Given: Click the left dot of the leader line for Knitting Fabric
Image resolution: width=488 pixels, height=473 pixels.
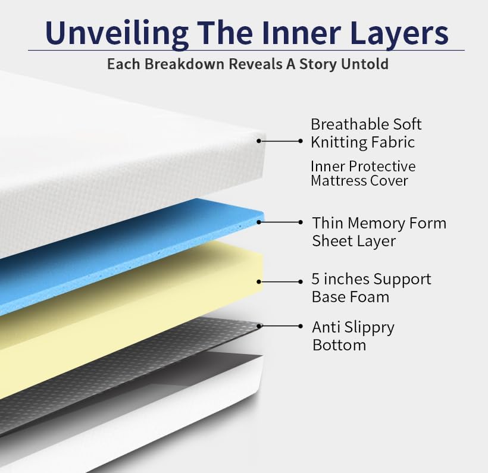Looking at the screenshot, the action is tap(259, 141).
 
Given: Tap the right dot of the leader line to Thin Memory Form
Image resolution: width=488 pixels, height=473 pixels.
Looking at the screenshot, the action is tap(301, 222).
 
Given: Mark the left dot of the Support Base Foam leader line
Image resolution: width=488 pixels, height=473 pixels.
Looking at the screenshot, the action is tap(259, 281).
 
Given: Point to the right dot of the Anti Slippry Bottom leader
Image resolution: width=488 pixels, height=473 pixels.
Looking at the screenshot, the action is tap(301, 326).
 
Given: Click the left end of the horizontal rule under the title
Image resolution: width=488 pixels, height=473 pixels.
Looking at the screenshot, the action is tap(29, 50).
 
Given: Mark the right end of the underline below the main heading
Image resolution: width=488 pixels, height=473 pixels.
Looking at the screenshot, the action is tap(464, 50).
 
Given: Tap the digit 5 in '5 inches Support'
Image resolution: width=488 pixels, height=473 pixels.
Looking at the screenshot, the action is tap(315, 279).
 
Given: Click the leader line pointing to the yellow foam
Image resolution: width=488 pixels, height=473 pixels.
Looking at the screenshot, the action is tap(280, 281).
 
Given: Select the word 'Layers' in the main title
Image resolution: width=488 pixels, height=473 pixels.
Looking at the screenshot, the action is tap(399, 33).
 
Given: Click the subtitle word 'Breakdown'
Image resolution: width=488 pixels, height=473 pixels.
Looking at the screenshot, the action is tap(184, 64).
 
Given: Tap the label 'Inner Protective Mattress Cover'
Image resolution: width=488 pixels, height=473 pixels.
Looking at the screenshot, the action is tap(363, 173).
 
